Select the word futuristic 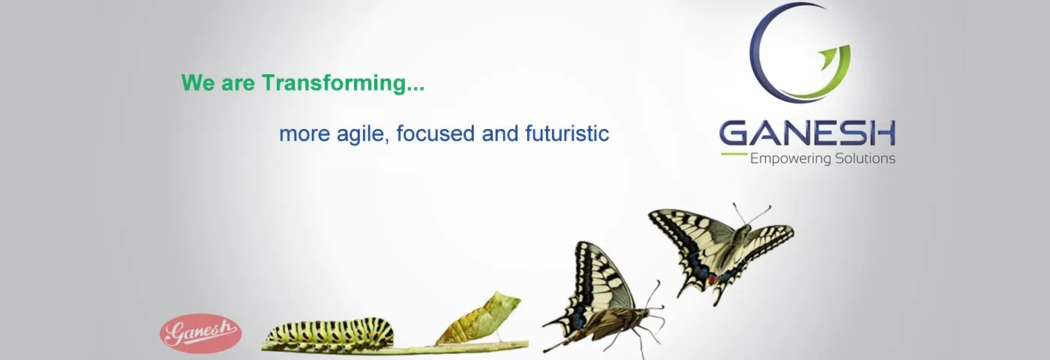[567, 133]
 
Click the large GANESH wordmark [807, 133]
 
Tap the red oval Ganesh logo [201, 333]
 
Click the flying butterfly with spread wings [721, 250]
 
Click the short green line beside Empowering [734, 154]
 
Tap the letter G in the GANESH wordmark [735, 133]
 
